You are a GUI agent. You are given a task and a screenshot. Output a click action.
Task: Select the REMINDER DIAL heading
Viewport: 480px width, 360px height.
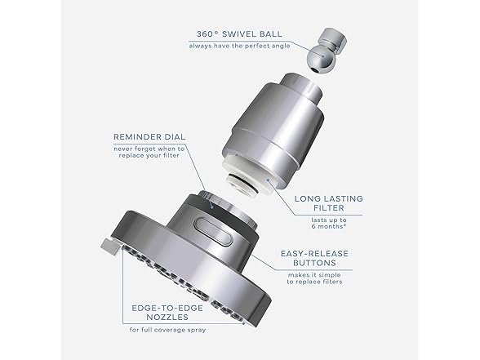(x=150, y=137)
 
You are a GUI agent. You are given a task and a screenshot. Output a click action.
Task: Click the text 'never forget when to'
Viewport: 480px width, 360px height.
(x=150, y=149)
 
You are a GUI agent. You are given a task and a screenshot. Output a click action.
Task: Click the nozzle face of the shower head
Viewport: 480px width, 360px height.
(x=171, y=265)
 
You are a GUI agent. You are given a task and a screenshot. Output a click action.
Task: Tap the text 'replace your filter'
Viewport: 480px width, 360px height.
(x=150, y=158)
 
